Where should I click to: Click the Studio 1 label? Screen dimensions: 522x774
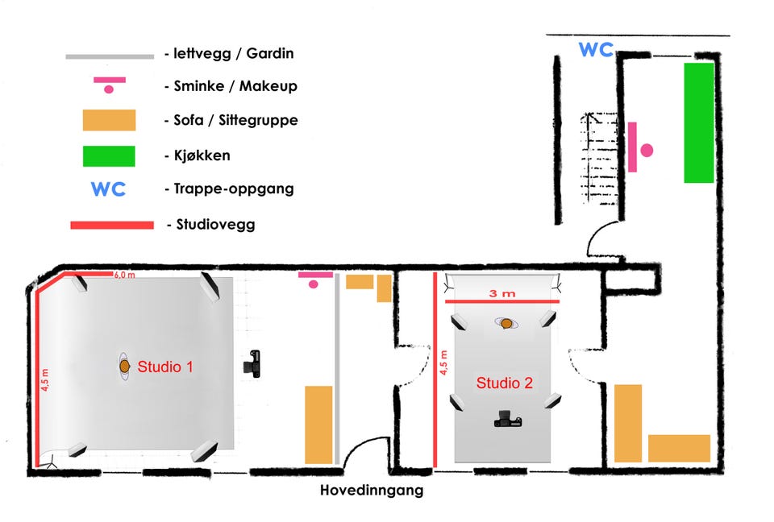pos(165,367)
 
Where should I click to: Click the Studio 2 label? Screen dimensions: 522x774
pos(504,383)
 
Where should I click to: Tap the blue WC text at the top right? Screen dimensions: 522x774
pos(596,50)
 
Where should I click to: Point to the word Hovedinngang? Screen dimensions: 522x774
pos(371,490)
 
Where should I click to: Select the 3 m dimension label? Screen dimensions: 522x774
pos(504,294)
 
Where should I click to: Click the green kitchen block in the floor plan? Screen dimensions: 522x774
pos(699,122)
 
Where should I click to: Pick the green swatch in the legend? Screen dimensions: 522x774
pos(108,155)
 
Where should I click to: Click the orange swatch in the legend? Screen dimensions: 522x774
pos(108,120)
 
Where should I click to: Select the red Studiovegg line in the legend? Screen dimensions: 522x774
pos(112,225)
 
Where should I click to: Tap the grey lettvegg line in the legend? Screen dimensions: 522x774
pos(110,56)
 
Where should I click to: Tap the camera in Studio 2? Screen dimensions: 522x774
pos(506,418)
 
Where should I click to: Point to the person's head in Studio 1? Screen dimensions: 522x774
pos(125,366)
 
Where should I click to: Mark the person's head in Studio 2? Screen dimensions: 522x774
pos(506,323)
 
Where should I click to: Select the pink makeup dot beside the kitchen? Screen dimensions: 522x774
pos(647,150)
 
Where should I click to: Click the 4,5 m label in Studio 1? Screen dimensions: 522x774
pos(45,379)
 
